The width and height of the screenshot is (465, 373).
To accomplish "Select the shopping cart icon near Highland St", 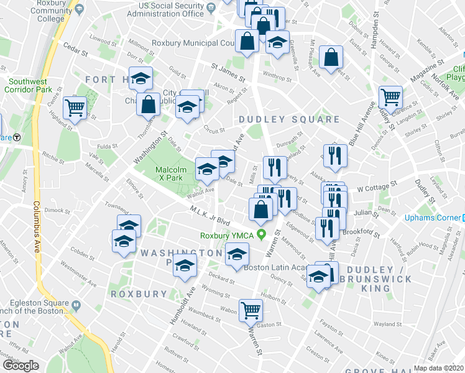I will [x=75, y=108].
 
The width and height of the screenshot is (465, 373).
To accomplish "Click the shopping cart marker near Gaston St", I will [x=251, y=309].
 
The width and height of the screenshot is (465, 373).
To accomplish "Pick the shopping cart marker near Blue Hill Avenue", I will [x=390, y=97].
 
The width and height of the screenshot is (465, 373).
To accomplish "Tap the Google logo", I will [x=21, y=365].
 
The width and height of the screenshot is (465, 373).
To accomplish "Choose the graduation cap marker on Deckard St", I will [x=185, y=266].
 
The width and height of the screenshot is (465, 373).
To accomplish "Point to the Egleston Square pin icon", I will [x=76, y=305].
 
